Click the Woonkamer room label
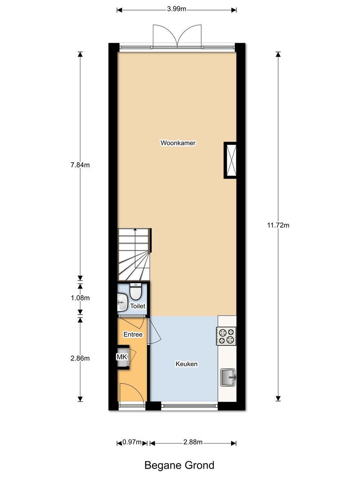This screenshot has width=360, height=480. coord(178,143)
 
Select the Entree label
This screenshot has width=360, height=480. coord(133,334)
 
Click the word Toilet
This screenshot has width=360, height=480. coord(137,306)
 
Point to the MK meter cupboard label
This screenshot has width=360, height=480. coord(121,357)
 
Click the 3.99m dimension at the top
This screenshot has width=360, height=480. coord(176,9)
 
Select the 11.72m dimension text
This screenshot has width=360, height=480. coord(278,225)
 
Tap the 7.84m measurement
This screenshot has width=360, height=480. coord(80,165)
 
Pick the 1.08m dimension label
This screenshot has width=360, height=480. coord(80,298)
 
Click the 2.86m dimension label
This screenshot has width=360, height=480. coord(80,358)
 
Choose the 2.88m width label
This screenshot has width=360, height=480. coord(193,442)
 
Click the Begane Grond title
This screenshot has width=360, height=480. coord(180,465)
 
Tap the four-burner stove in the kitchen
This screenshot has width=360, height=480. coord(226,336)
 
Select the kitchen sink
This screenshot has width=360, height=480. coord(228,378)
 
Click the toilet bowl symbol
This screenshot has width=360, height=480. coord(136,292)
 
